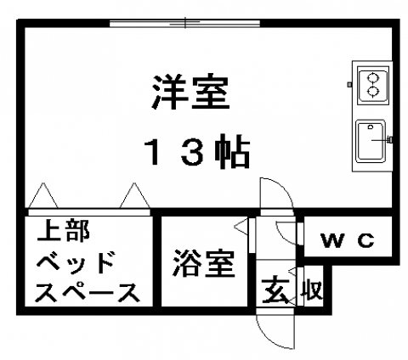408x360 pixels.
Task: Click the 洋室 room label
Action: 190,92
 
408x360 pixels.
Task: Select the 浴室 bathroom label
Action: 204,263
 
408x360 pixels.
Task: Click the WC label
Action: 348,241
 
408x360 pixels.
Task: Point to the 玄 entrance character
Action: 275,290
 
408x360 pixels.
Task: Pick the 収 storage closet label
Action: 313,290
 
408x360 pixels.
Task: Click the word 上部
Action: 64,231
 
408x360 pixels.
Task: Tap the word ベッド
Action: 76,262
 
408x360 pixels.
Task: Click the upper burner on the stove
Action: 372,77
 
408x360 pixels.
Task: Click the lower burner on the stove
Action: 372,92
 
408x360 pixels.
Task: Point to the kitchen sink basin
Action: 371,141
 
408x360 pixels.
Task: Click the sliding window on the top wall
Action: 184,23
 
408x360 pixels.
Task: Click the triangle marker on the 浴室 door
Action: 241,226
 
